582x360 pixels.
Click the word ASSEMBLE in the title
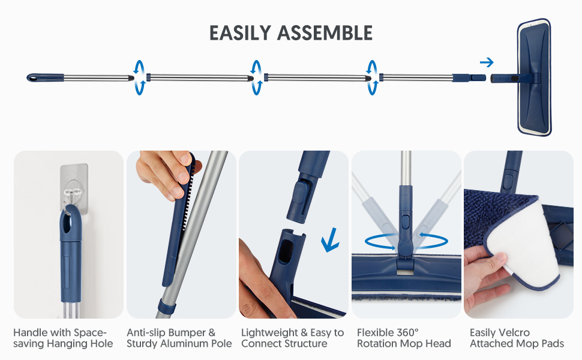point(326,32)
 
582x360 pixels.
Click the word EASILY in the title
point(241,32)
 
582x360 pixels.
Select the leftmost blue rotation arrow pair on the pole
point(140,77)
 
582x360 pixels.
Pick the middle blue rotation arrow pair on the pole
point(257,77)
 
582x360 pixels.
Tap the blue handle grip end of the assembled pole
point(45,78)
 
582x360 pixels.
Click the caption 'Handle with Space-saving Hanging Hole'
point(63,338)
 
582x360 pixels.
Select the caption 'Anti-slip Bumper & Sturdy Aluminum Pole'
point(179,338)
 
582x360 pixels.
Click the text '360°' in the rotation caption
point(407,332)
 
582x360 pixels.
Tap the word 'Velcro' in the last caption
point(514,332)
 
